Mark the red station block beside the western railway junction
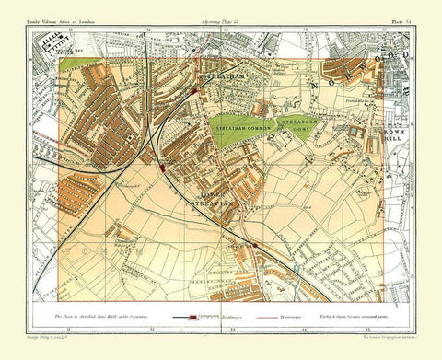162,169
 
